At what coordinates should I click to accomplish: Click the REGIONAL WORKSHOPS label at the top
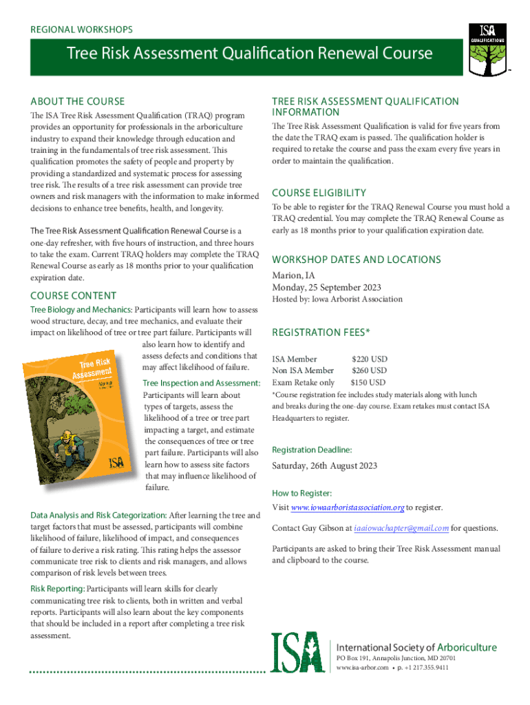point(82,30)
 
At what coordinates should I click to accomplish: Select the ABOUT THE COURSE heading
point(78,101)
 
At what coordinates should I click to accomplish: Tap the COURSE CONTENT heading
point(74,295)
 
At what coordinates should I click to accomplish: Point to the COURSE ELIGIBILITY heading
point(319,193)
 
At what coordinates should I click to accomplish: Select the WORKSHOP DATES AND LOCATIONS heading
point(357,260)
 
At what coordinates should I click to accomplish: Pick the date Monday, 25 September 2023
point(326,287)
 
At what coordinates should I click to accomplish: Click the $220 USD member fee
point(370,359)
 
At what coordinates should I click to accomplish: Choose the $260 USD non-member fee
point(370,370)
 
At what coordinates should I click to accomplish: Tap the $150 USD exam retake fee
point(368,382)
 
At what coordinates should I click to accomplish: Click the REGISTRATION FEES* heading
point(321,333)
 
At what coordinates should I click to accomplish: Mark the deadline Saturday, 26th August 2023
point(324,465)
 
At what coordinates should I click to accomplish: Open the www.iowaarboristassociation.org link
point(348,508)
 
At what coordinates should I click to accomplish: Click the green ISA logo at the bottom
point(297,652)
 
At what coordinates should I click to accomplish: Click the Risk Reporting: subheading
point(58,589)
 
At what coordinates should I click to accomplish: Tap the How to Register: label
point(302,493)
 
